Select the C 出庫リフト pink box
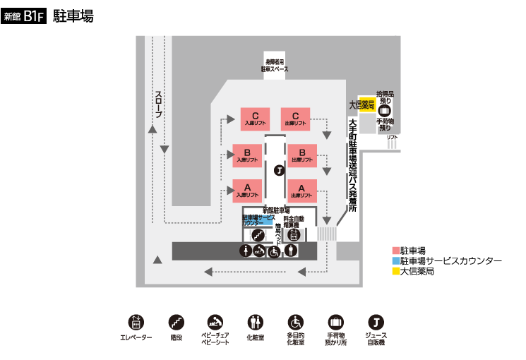coord(296,118)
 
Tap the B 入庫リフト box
coord(247,155)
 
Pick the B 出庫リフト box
coord(301,155)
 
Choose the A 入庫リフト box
coord(247,191)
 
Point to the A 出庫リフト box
coord(301,191)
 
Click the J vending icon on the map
coord(278,170)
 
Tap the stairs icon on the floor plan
coord(258,235)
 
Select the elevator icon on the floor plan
coord(294,235)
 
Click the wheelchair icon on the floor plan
coord(275,251)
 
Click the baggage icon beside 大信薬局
coord(385,110)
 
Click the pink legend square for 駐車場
coord(395,251)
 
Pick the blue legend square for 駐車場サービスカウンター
coord(395,260)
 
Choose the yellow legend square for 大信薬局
coord(395,270)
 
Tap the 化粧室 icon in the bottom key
coord(255,323)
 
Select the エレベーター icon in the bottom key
coord(135,323)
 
